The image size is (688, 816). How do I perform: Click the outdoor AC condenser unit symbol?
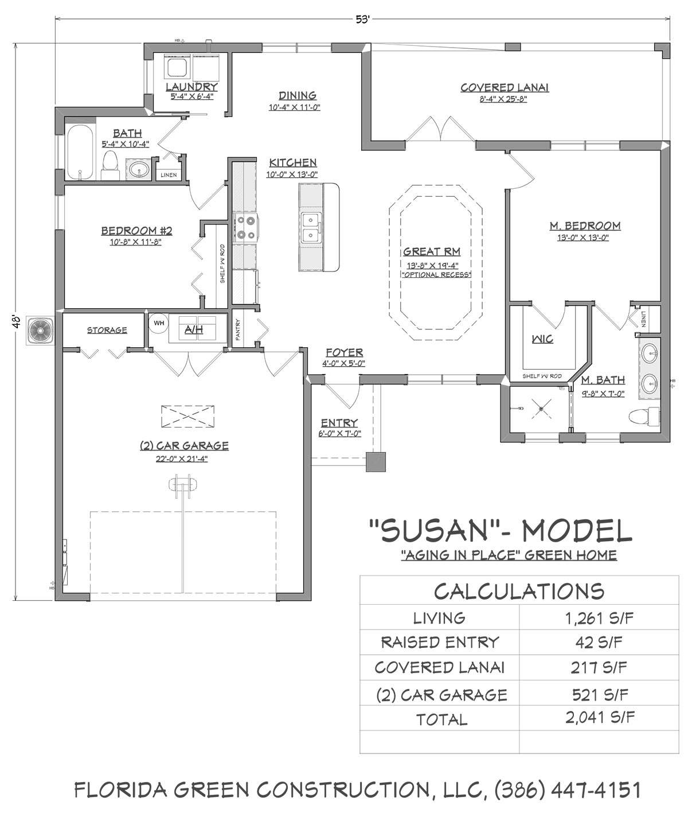pos(40,331)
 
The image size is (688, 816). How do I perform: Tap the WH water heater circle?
pos(159,324)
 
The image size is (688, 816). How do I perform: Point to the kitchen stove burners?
pos(245,227)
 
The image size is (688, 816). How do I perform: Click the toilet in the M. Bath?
pos(644,416)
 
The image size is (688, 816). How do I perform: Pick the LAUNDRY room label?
pos(191,87)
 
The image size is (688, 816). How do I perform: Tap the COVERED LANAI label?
pos(505,88)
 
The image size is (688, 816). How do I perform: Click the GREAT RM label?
pos(432,251)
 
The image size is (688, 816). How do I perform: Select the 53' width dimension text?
pos(363,20)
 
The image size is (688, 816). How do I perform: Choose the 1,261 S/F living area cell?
pos(599,618)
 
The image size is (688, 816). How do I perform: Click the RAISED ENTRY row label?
pos(440,643)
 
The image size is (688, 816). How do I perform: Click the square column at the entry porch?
pos(376,462)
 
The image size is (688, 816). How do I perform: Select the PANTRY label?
pos(238,329)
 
